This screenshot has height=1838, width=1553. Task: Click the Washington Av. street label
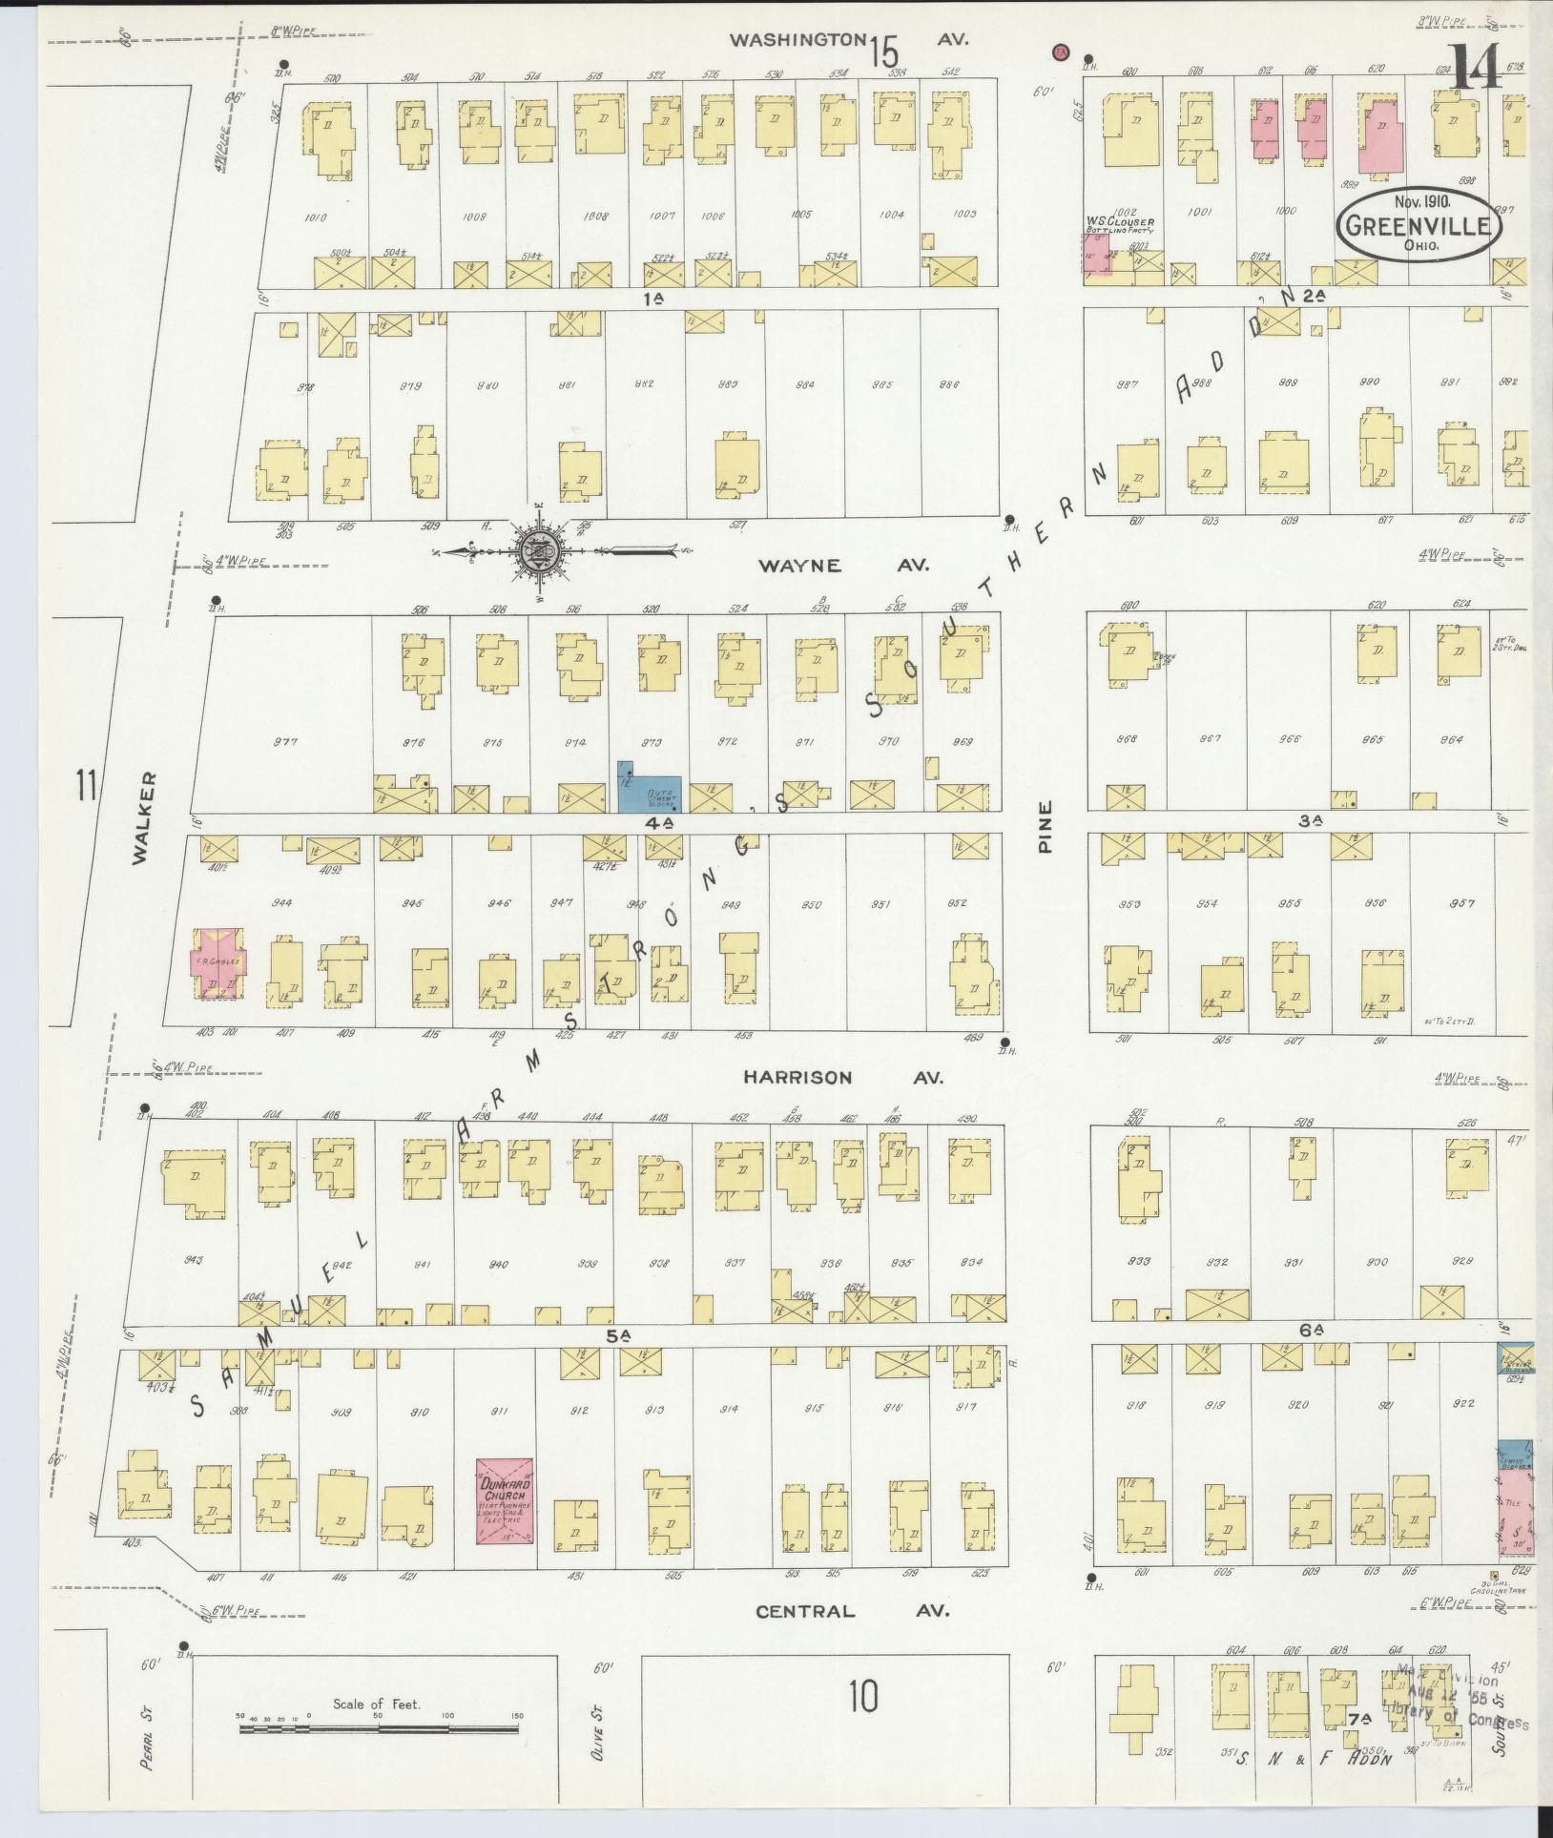point(849,40)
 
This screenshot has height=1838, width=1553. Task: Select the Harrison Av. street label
point(842,1077)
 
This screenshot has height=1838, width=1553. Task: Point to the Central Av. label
point(852,1611)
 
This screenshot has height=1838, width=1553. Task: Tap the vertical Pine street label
point(1046,827)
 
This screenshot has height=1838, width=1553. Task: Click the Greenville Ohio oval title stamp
point(1418,224)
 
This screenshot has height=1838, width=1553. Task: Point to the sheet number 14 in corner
point(1475,69)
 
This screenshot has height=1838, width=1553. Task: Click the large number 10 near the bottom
point(861,1697)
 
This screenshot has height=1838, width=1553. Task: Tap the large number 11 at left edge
point(87,787)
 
